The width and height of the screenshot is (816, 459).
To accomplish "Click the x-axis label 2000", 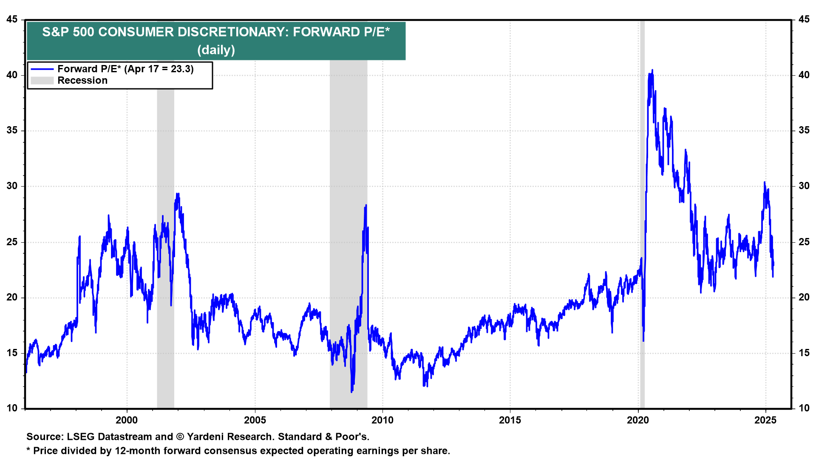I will point(127,420).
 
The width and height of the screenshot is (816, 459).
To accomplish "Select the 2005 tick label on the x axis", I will point(255,420).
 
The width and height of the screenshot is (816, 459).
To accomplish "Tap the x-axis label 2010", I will point(382,420).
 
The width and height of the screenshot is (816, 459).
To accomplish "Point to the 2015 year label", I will point(510,420).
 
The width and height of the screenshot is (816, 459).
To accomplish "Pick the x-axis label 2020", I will point(638,420).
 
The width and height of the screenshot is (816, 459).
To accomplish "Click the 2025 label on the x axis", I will point(765,420).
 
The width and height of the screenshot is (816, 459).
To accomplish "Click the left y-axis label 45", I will point(12,19).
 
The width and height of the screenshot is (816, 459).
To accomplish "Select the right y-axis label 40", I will point(804,75).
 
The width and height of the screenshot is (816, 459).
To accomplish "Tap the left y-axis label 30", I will point(12,186).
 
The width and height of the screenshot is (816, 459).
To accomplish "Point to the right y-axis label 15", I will point(804,353).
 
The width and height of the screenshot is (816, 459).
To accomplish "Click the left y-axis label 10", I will point(12,408).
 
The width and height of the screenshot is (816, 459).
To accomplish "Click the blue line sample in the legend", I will point(42,69).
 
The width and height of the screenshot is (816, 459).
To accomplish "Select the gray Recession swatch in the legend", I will point(42,80).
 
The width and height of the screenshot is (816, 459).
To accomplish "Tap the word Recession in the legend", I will point(82,80).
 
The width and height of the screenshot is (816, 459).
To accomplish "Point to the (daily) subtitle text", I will point(216,50).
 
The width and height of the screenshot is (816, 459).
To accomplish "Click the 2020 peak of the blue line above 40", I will point(652,70).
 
